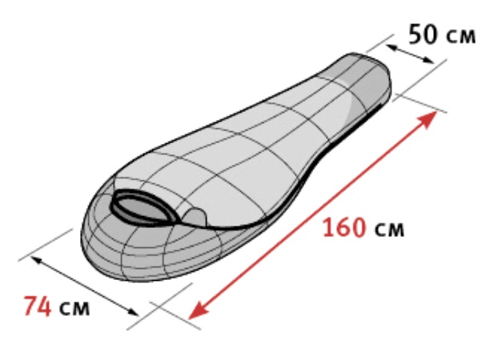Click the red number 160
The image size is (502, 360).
[x=344, y=227]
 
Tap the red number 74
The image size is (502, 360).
[x=38, y=306]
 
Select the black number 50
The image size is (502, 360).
[x=423, y=34]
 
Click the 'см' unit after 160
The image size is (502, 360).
[x=389, y=230]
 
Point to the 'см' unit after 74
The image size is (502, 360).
[x=74, y=309]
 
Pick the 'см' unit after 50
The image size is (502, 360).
[x=460, y=36]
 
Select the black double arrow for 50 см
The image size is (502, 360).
[x=409, y=54]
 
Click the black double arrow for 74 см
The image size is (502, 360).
[x=85, y=286]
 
